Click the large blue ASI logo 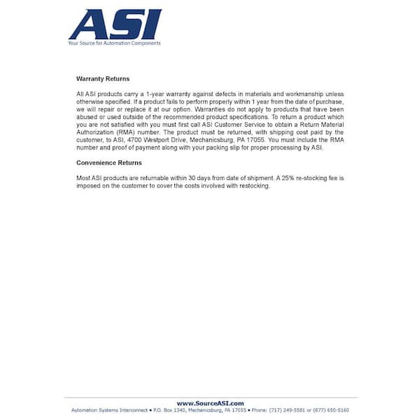point(115,24)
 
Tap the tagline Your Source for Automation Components point(114,43)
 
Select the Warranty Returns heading point(103,79)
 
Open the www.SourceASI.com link point(210,403)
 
